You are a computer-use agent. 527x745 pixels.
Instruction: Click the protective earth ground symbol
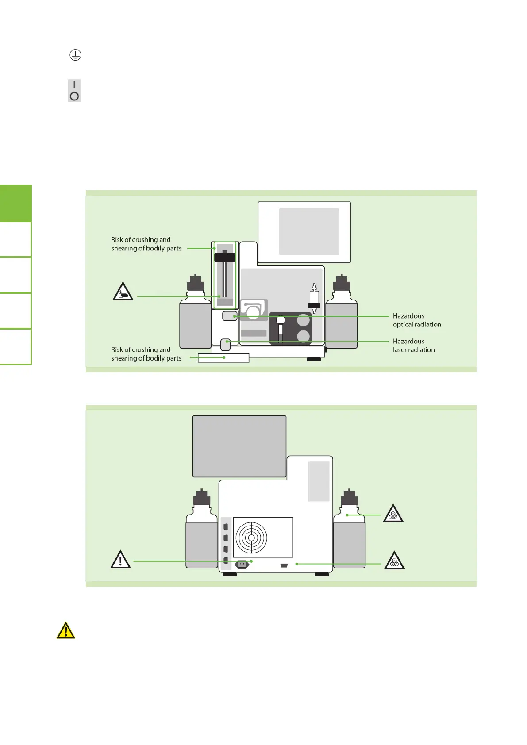pos(75,55)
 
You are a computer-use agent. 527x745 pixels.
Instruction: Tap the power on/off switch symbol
pos(74,91)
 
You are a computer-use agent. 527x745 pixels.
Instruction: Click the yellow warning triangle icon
pos(66,630)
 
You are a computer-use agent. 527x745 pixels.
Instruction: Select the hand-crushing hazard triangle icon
pos(123,292)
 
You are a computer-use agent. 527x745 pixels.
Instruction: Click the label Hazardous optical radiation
pos(417,320)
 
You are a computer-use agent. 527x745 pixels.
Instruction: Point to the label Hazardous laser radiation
pos(414,346)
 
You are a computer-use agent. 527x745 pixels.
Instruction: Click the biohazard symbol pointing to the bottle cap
pos(393,514)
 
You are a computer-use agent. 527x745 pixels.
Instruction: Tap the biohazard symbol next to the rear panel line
pos(394,561)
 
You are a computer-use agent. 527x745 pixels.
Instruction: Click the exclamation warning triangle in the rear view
pos(120,560)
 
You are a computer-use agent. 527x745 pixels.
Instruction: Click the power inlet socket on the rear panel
pos(242,565)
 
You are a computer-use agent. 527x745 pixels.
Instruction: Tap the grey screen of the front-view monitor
pos(309,231)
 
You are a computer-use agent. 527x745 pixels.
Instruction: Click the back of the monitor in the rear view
pos(239,446)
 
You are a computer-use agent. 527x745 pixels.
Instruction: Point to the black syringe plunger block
pos(225,257)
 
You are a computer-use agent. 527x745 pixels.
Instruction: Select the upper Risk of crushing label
pos(146,244)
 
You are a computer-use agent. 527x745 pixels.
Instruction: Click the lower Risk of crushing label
pos(146,354)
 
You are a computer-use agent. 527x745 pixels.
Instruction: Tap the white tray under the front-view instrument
pos(223,358)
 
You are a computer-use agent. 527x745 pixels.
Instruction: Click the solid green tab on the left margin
pos(16,204)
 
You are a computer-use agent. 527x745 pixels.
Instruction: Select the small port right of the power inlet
pos(284,565)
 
